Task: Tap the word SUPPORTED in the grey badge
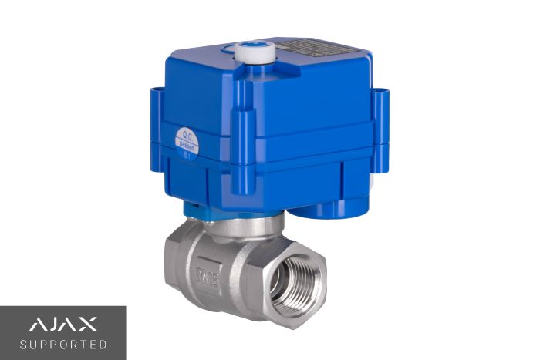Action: click(62, 344)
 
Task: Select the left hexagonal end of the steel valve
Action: click(176, 262)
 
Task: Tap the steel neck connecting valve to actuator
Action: click(231, 225)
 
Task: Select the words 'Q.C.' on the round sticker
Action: click(184, 134)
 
